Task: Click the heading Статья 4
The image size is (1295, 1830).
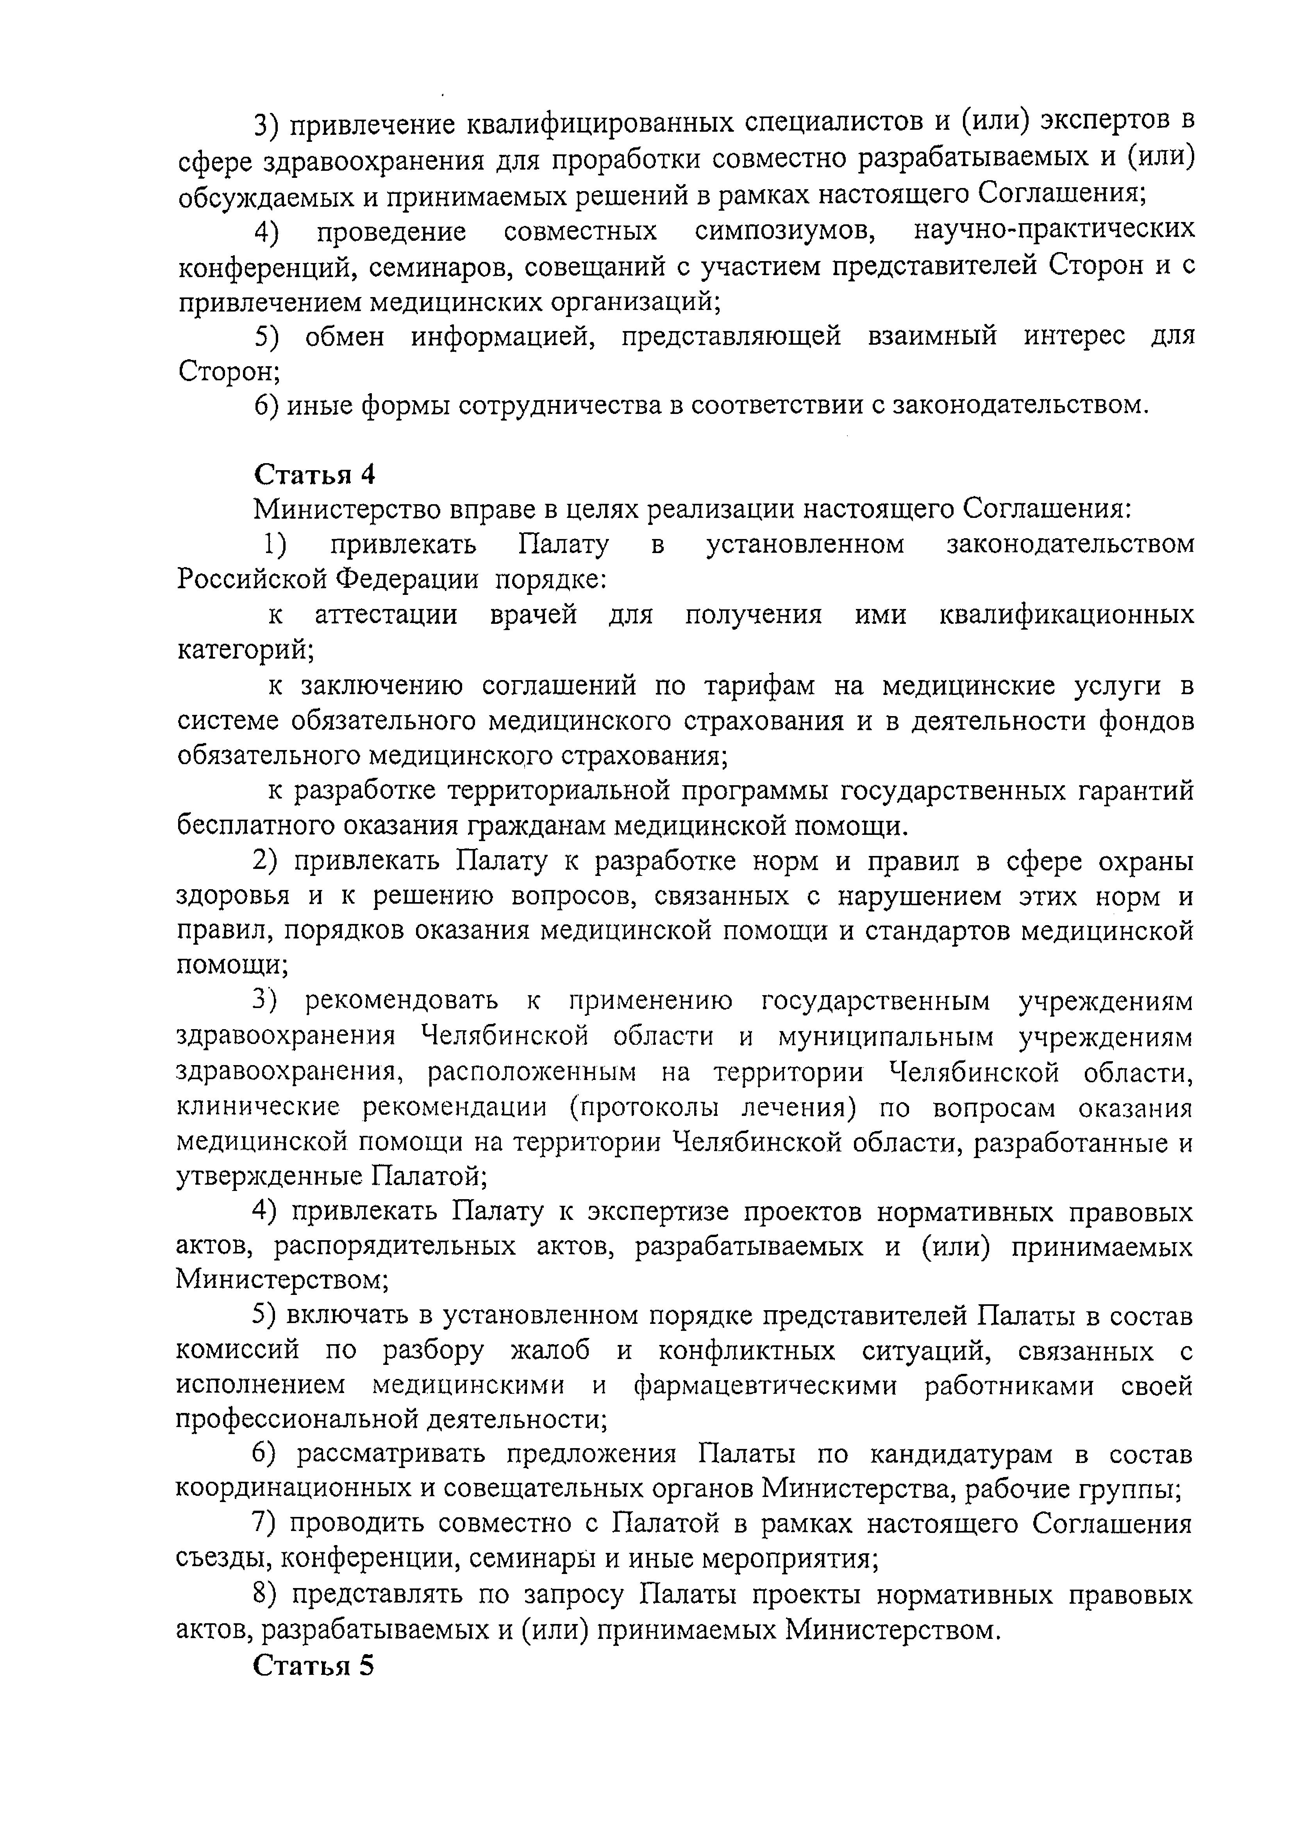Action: point(314,475)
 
